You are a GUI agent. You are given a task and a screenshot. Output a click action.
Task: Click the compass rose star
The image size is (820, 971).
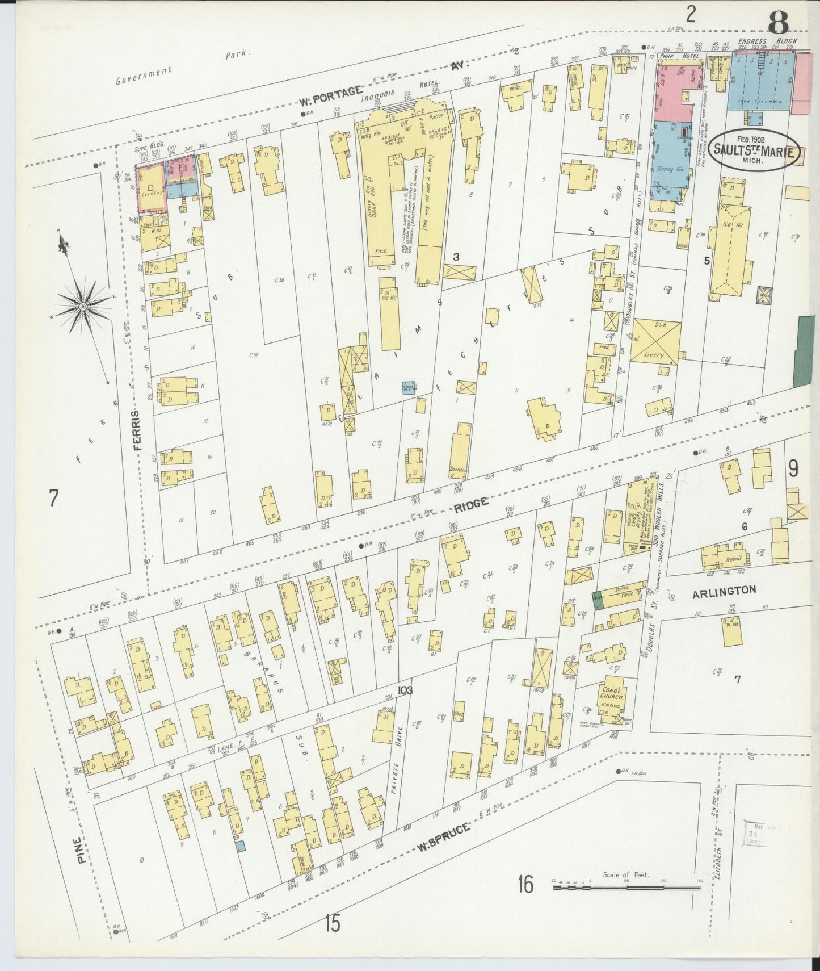pos(83,306)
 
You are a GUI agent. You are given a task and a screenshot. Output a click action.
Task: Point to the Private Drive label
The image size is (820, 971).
pos(397,759)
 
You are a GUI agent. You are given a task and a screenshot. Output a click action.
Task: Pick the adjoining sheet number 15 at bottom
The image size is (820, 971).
pos(333,924)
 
